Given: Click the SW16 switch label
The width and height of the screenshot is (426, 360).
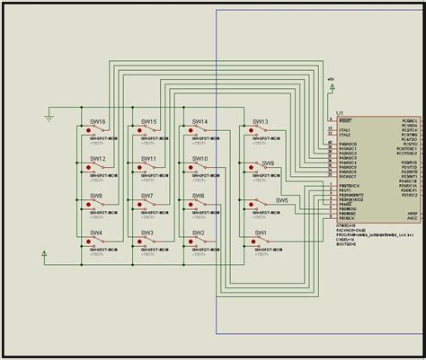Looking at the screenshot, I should [98, 121].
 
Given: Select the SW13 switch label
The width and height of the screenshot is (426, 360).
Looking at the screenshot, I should [260, 121].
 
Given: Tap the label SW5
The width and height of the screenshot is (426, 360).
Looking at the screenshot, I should [282, 201].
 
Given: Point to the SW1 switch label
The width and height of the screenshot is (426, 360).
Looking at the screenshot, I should [261, 233].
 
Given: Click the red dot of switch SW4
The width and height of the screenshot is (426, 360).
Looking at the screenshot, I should [88, 241].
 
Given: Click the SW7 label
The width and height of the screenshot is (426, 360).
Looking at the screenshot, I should [146, 196].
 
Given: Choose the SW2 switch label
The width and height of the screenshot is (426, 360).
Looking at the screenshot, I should [198, 233].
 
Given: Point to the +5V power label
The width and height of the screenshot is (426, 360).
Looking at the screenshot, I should [330, 79].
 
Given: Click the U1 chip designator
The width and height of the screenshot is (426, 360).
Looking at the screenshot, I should [339, 113].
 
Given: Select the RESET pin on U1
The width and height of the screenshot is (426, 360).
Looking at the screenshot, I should [345, 120].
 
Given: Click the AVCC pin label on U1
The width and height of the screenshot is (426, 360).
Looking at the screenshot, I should [412, 217].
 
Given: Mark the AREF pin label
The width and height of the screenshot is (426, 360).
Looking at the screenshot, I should [412, 212].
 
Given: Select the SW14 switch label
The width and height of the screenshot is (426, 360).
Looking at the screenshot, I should [200, 121].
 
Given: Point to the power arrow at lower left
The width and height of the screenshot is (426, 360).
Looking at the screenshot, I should [44, 255].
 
